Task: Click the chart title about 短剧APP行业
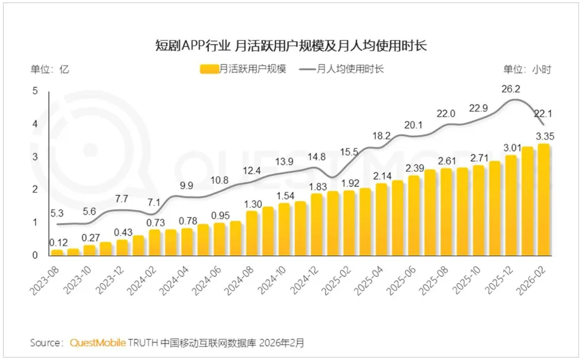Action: [x=291, y=46]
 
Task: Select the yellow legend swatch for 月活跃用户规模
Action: [x=209, y=69]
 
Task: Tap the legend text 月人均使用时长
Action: [x=350, y=69]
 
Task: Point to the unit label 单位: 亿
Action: [x=49, y=69]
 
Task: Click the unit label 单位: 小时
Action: [x=527, y=69]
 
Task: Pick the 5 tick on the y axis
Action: [x=36, y=91]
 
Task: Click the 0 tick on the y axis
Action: [x=36, y=255]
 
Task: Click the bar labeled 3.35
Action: [x=544, y=200]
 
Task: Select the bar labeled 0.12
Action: [x=57, y=253]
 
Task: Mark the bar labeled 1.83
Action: [x=317, y=224]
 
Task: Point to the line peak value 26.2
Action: [x=511, y=89]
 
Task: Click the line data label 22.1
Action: [x=543, y=114]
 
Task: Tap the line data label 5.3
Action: [x=57, y=213]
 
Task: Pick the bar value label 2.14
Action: [x=382, y=176]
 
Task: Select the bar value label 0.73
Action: [x=155, y=223]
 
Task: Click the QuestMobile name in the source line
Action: [x=98, y=343]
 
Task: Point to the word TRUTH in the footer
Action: [x=143, y=343]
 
